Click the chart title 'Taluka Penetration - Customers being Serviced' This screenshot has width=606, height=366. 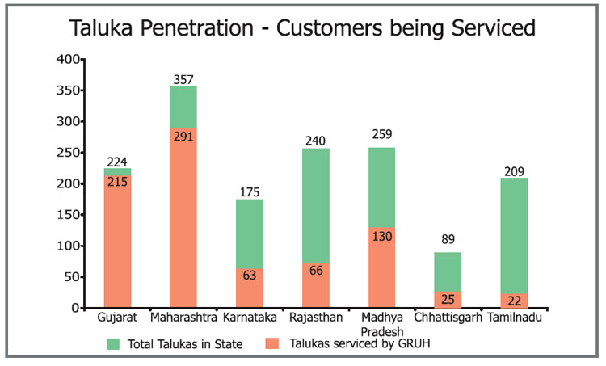tap(303, 29)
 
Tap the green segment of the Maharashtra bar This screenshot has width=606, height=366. tap(183, 106)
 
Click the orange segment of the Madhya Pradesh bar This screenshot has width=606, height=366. tap(382, 267)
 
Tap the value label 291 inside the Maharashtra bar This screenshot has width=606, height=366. tap(183, 137)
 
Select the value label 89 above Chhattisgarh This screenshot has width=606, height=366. tap(448, 239)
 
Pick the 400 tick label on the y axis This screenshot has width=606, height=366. tap(69, 60)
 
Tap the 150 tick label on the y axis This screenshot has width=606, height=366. tap(69, 215)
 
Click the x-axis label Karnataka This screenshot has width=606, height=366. tap(249, 318)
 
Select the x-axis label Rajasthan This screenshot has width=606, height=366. tap(316, 318)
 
